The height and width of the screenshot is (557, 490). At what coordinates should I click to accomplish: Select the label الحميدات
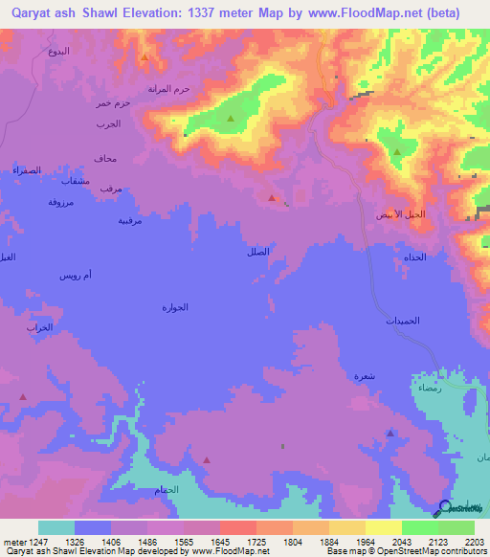click(404, 322)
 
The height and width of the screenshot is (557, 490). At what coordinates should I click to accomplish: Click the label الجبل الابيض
click(398, 214)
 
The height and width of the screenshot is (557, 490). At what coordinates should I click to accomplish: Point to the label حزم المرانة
click(169, 89)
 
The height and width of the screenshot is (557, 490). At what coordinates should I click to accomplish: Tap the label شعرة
click(365, 376)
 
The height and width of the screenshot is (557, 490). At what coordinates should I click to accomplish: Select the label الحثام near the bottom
click(166, 490)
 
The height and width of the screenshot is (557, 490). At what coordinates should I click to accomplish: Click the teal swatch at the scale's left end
click(56, 527)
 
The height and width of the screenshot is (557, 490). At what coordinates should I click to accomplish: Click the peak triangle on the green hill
click(231, 119)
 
